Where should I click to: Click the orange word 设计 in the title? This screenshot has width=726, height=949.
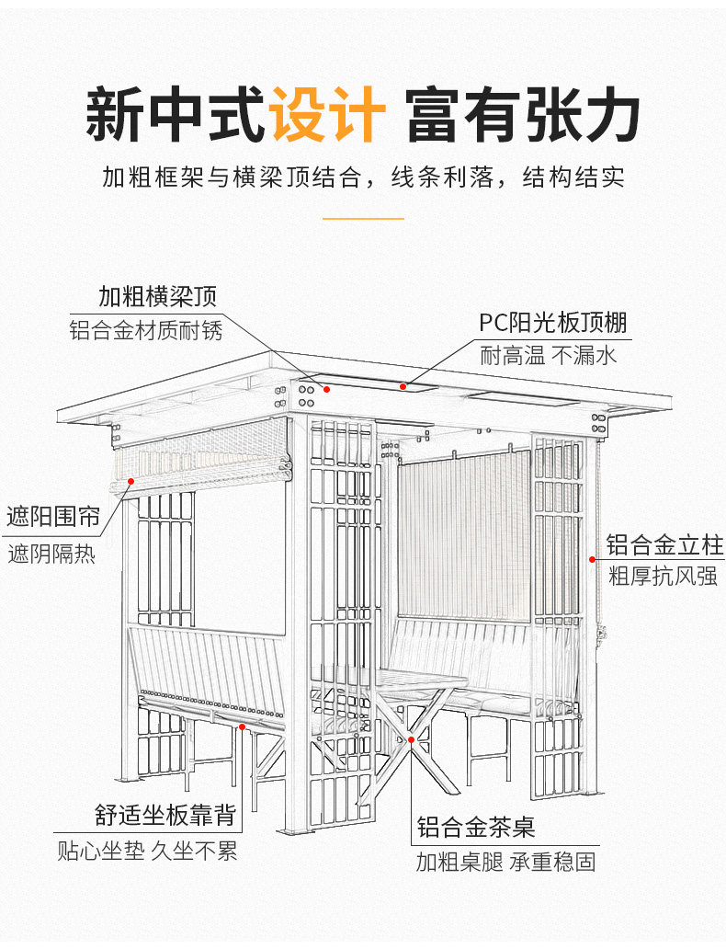(327, 114)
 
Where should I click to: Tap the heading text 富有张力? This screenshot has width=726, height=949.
(523, 114)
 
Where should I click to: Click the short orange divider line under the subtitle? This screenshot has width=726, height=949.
(364, 219)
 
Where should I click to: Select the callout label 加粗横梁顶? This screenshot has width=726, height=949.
(158, 296)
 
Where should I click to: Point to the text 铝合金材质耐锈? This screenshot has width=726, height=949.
(146, 330)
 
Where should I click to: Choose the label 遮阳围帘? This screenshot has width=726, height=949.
(53, 517)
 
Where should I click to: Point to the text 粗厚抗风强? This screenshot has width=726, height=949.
(663, 577)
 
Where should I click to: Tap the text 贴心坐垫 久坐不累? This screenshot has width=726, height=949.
(147, 852)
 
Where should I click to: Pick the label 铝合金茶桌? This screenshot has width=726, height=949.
(475, 827)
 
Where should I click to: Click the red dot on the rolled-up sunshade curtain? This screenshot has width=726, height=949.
(130, 480)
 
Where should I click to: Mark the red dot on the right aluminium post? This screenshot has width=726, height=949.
(592, 557)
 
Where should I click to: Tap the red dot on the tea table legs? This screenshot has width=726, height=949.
(412, 738)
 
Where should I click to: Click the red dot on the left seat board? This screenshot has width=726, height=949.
(242, 726)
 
